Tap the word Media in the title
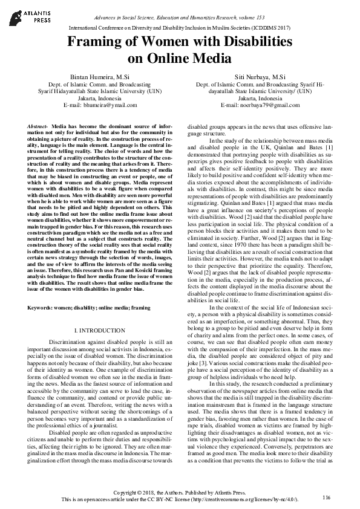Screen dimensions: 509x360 point(212,59)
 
